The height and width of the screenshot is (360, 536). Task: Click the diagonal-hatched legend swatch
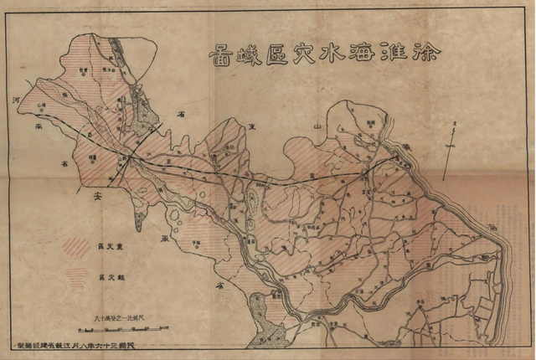78,248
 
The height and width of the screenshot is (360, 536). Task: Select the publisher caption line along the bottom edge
101,344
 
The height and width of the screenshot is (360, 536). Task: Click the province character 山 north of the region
317,123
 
